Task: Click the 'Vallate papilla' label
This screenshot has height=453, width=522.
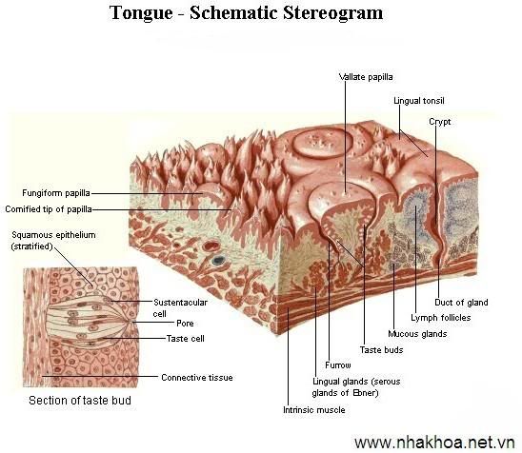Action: (x=366, y=77)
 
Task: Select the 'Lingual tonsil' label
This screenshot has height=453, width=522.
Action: (x=419, y=101)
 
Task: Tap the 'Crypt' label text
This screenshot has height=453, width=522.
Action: (x=440, y=122)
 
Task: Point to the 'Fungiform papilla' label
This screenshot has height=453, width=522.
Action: (x=56, y=193)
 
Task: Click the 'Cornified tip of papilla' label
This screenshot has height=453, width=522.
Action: (x=49, y=209)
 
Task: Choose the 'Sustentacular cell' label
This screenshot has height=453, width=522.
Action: (x=180, y=308)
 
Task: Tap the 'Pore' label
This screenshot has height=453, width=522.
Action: (x=185, y=323)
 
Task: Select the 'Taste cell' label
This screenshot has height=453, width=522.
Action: (x=186, y=338)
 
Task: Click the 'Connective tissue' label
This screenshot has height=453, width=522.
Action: (x=197, y=378)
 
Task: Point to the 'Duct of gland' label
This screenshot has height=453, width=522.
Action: (x=461, y=303)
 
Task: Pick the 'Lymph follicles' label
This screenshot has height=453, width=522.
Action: (x=441, y=318)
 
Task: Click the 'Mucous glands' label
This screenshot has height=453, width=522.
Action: (x=417, y=334)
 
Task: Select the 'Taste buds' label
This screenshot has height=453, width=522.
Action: (x=382, y=350)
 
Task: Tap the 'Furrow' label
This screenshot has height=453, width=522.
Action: (x=338, y=365)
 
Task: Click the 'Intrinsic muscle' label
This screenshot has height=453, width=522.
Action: (x=314, y=410)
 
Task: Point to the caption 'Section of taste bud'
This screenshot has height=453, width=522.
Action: (x=80, y=400)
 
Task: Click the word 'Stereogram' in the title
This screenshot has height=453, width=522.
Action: (x=332, y=13)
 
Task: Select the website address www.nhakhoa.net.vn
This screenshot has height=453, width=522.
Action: (x=434, y=443)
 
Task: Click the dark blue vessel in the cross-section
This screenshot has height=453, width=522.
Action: (x=218, y=260)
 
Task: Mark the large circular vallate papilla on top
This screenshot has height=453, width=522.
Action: (x=322, y=143)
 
